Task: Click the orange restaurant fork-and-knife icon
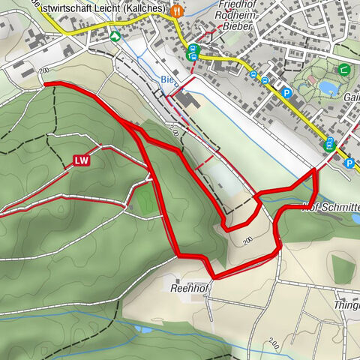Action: [177, 11]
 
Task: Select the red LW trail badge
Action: [82, 160]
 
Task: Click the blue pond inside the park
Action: [327, 88]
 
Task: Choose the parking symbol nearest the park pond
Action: [287, 93]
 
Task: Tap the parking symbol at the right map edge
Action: [349, 162]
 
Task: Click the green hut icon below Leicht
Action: [115, 35]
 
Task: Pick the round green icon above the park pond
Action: [343, 70]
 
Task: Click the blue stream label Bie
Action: [167, 79]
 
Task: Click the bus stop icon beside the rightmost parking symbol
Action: [329, 145]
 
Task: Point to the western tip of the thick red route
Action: [45, 84]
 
